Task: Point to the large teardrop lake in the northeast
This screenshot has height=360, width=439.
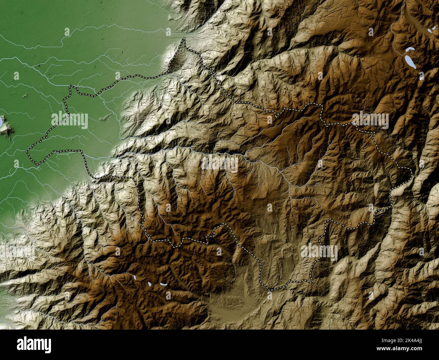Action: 410,61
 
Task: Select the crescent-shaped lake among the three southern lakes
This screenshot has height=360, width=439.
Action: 163,284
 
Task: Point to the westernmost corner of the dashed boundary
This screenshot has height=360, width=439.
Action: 27,151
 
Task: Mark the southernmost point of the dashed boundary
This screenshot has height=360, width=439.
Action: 270,289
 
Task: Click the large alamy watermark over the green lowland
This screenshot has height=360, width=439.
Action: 70,120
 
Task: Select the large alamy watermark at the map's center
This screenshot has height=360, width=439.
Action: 219,164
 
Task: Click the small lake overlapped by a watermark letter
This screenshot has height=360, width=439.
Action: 421,76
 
